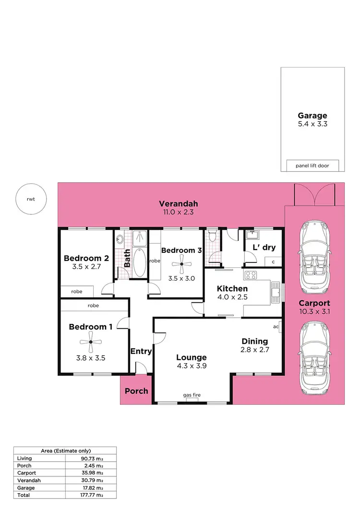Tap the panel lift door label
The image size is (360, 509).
click(x=312, y=166)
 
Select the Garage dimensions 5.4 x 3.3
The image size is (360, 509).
click(x=312, y=124)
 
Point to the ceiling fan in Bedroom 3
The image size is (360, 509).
click(x=182, y=263)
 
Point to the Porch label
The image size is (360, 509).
click(x=136, y=391)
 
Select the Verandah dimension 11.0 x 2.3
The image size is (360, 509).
click(x=179, y=212)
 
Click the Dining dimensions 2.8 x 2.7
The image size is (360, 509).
click(x=254, y=350)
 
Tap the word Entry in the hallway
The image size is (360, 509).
click(x=141, y=351)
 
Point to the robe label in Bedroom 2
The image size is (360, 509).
click(x=77, y=291)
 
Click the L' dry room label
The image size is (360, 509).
click(x=264, y=247)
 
